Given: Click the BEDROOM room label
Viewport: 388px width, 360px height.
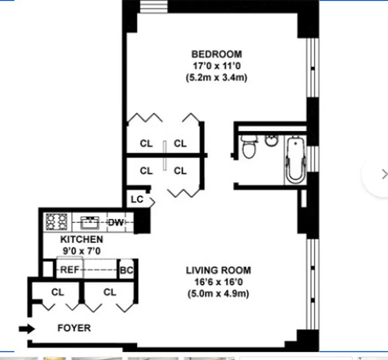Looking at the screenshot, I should click(x=216, y=54).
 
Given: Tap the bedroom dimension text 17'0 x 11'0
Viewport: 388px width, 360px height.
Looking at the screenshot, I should click(x=216, y=66).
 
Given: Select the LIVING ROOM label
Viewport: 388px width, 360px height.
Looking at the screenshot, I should click(x=219, y=270).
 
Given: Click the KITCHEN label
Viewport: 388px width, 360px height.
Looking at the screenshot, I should click(x=81, y=239).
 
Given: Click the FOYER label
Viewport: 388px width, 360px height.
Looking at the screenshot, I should click(x=74, y=328).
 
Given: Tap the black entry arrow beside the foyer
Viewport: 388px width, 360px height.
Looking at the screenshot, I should click(x=27, y=329).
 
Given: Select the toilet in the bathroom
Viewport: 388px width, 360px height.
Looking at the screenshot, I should click(x=248, y=148).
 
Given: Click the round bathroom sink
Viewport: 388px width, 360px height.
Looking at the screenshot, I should click(x=272, y=140).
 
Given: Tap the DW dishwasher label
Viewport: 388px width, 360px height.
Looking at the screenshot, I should click(x=116, y=222).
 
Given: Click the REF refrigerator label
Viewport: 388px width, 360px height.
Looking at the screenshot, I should click(x=70, y=270).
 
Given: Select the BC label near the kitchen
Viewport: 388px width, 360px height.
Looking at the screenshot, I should click(x=126, y=271).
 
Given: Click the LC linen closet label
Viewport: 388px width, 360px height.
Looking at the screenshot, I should click(x=137, y=199).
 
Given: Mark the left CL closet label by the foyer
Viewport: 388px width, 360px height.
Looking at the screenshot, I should click(x=58, y=292).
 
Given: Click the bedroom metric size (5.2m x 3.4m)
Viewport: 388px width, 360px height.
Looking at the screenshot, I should click(x=216, y=77).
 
